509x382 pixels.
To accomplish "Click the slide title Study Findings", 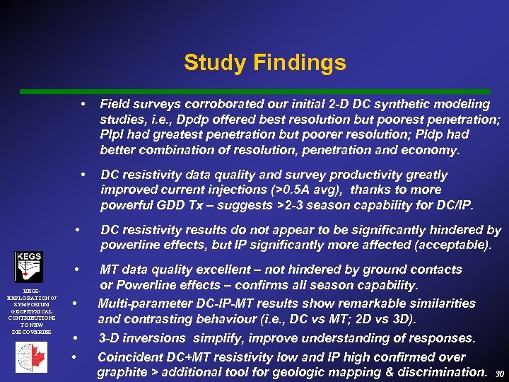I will pos(264,63).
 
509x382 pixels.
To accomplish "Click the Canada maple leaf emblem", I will pos(32,357).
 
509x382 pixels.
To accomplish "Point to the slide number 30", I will pos(500,374).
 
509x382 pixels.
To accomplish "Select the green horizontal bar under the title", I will pos(255,92).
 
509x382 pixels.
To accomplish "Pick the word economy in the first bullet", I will pos(431,150).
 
